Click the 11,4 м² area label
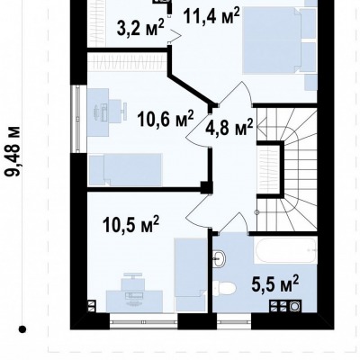pos(211,16)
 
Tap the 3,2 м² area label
pos(140,28)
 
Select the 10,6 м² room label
pos(166,119)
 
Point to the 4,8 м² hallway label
pos(229,128)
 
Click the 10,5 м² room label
pos(130,224)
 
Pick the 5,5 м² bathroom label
pos(275,283)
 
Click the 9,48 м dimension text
pos(13,151)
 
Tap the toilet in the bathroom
pos(224,288)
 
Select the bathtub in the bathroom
pos(285,250)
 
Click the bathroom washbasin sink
pos(220,258)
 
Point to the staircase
pos(287,170)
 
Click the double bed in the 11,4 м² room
pos(272,40)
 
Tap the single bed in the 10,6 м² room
pos(125,169)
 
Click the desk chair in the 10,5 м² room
pos(132,281)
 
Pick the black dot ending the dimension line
pos(22,329)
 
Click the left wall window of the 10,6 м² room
pos(78,119)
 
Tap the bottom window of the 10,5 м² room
pos(144,321)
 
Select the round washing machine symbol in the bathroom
pos(294,306)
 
